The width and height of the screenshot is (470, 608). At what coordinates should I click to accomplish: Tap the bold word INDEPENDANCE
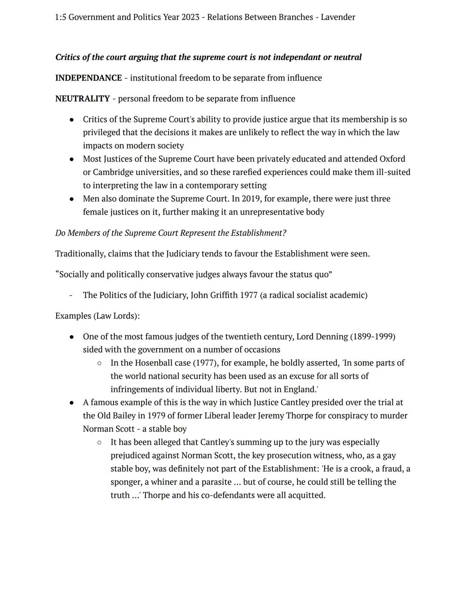pyautogui.click(x=88, y=78)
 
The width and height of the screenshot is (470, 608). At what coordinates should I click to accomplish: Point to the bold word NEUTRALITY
pyautogui.click(x=82, y=99)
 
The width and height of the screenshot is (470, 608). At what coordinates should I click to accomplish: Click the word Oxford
pyautogui.click(x=392, y=159)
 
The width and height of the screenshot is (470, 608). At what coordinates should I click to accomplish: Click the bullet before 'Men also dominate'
pyautogui.click(x=71, y=199)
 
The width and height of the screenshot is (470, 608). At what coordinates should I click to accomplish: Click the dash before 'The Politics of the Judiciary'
pyautogui.click(x=70, y=296)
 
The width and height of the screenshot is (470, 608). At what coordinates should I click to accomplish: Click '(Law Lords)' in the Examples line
pyautogui.click(x=116, y=316)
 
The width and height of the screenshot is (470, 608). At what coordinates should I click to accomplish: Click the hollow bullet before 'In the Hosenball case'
pyautogui.click(x=99, y=363)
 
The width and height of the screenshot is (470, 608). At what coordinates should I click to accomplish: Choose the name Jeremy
pyautogui.click(x=271, y=416)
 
